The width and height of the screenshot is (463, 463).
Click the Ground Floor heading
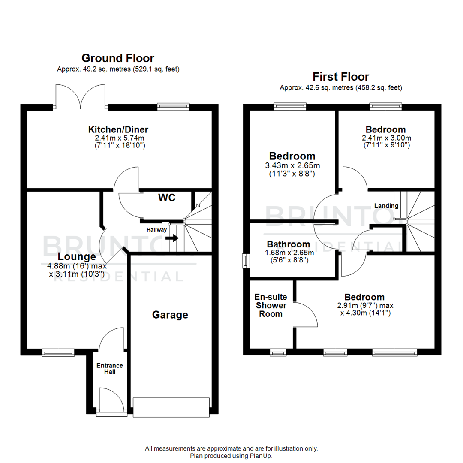118,58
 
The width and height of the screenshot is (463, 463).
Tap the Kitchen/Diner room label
118,129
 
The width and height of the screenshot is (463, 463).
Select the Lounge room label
77,257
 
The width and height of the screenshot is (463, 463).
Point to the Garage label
170,315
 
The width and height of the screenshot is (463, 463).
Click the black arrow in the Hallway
173,238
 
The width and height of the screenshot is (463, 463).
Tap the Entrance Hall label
109,369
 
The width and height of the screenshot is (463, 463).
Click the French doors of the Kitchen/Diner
80,96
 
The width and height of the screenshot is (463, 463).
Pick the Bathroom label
289,244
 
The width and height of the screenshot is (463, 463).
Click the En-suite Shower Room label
271,305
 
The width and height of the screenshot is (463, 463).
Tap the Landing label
386,206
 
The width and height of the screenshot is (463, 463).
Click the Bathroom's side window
245,261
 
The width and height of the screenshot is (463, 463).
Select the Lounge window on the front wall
58,353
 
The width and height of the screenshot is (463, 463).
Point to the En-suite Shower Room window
277,353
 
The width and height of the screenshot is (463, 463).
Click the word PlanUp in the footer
261,456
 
